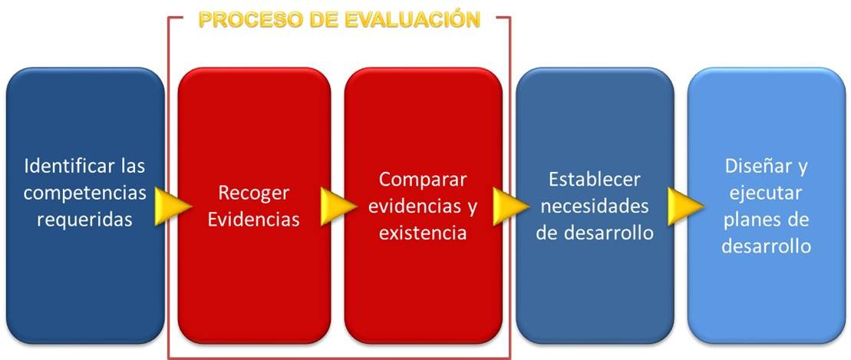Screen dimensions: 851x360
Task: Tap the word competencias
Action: [x=84, y=193]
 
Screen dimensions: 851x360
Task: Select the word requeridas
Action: [x=84, y=220]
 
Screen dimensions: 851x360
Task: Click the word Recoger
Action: [x=253, y=193]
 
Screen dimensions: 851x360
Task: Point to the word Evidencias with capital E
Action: [x=253, y=220]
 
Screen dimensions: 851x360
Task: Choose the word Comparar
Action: [x=423, y=180]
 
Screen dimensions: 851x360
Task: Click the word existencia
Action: [x=423, y=233]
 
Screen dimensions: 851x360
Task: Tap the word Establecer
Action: [x=594, y=179]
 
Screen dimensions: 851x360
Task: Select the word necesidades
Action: [x=594, y=206]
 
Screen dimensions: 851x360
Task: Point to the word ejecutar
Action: [x=766, y=193]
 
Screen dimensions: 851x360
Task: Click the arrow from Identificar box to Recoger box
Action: [x=173, y=206]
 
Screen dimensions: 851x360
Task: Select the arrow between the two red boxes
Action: [x=338, y=206]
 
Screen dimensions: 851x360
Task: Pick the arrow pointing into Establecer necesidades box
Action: [x=511, y=206]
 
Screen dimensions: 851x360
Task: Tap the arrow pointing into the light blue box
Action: [x=685, y=206]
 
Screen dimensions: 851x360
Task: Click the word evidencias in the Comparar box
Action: [x=417, y=206]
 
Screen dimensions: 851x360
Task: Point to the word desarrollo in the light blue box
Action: [x=766, y=246]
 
